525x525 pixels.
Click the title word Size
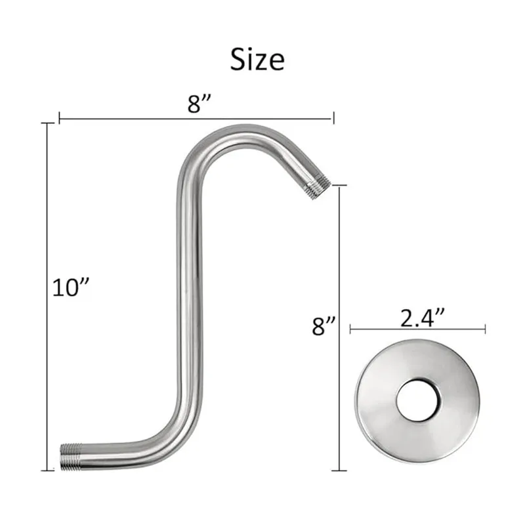point(257,59)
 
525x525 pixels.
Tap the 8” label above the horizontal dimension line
point(199,104)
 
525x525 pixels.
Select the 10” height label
point(71,287)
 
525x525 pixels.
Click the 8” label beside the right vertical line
point(324,325)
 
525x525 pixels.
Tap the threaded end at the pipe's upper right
point(318,186)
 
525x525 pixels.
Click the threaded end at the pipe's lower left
point(71,457)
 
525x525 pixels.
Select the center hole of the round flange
point(418,400)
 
